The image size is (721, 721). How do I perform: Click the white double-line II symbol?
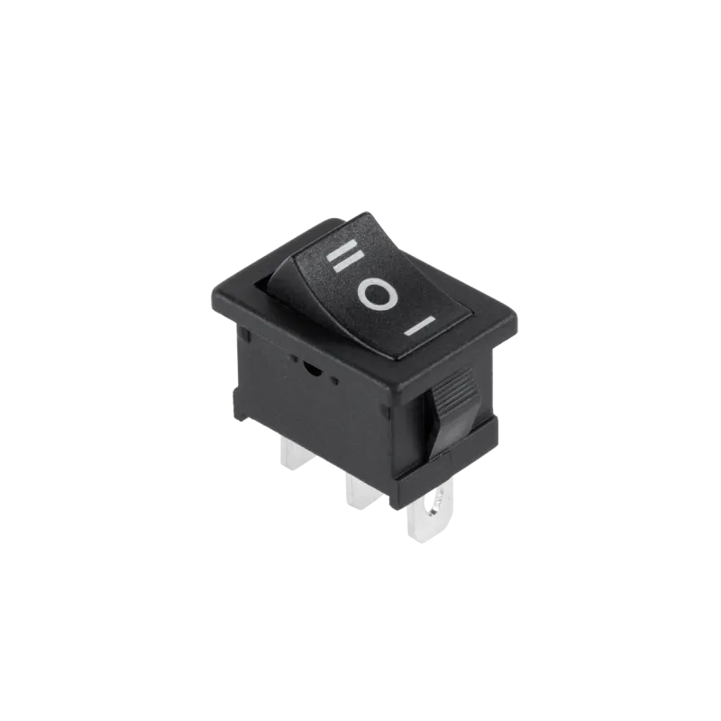pos(345,256)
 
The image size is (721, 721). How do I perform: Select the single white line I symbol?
pos(419,325)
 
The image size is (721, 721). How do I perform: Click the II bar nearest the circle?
pos(351,262)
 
